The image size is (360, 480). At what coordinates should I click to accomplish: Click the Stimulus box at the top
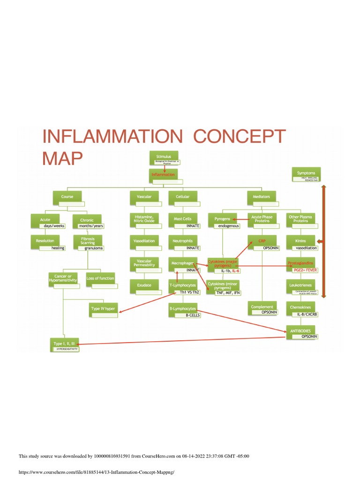(164, 157)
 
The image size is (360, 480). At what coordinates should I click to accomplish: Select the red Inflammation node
(164, 174)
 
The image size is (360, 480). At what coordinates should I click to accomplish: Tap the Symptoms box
(306, 173)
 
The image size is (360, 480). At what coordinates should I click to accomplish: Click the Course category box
(67, 197)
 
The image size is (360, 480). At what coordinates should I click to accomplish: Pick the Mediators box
(261, 197)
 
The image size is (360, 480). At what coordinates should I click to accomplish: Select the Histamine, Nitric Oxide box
(144, 218)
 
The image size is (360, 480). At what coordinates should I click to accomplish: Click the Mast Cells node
(183, 219)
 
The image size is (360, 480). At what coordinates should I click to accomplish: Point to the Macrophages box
(183, 263)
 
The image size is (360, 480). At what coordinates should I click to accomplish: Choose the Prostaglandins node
(300, 263)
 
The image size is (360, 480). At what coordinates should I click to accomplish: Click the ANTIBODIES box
(300, 330)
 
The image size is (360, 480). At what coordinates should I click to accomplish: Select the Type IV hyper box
(103, 308)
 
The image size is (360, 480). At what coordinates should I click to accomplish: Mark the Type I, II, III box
(64, 344)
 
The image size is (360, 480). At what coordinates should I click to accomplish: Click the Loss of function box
(100, 278)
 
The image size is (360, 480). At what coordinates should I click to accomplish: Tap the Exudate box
(144, 285)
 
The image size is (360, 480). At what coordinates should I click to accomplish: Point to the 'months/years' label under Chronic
(90, 226)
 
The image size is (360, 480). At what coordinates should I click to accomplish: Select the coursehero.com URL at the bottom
(99, 472)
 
